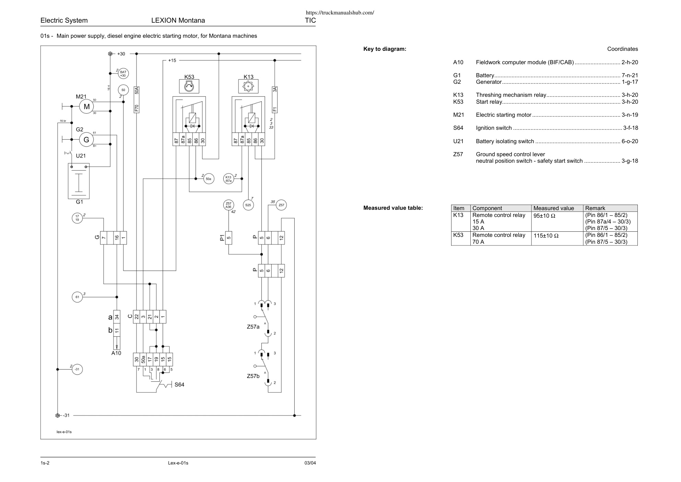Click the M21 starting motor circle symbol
point(86,106)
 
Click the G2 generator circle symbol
point(86,139)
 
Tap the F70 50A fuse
point(137,99)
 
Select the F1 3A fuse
point(274,100)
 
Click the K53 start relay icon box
point(189,87)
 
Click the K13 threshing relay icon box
point(248,87)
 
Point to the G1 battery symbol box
point(79,181)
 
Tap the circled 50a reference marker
point(209,179)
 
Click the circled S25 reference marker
point(248,205)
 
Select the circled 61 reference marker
point(77,297)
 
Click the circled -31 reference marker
point(77,369)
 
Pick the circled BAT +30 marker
point(123,73)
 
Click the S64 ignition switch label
point(179,385)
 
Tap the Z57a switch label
point(253,327)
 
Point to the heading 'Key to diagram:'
point(385,49)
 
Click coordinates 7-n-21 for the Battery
point(630,76)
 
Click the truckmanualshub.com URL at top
point(340,13)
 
